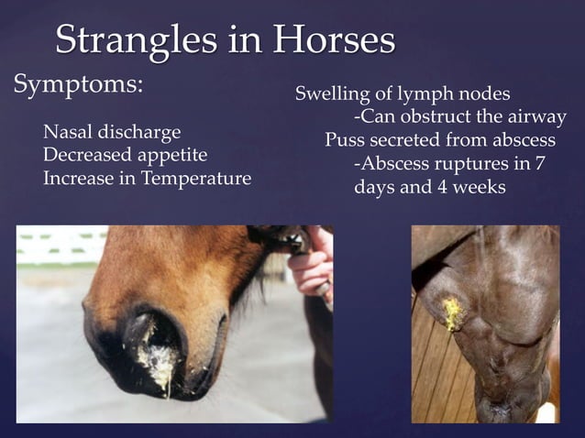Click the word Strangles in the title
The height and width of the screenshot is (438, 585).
click(134, 40)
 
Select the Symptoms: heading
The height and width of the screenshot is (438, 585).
click(78, 85)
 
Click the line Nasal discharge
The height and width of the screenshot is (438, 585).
click(112, 132)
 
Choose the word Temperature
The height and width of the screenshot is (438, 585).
click(196, 178)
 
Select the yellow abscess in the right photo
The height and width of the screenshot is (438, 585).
click(452, 313)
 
